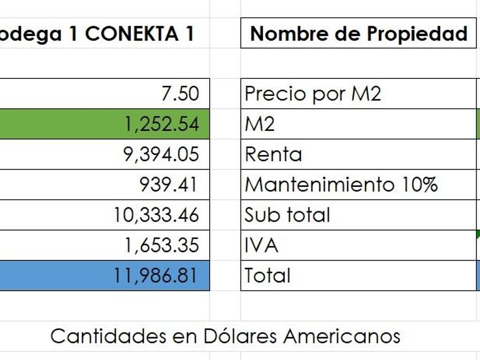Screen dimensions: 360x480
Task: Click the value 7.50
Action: (x=180, y=93)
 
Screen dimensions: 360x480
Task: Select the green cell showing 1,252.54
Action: (x=163, y=123)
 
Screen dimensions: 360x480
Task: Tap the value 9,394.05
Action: (x=162, y=154)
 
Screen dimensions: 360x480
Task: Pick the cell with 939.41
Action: (x=169, y=185)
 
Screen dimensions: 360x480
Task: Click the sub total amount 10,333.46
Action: (x=157, y=215)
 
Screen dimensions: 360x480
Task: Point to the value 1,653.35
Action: (x=162, y=245)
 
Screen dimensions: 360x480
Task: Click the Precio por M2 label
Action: (x=312, y=93)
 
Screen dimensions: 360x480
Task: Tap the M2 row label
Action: (x=259, y=123)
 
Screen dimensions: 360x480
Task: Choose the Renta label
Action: (x=273, y=154)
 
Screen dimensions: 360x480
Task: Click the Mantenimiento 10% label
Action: (x=341, y=185)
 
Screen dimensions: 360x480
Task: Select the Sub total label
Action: (x=287, y=215)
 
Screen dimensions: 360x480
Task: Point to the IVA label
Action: (x=261, y=245)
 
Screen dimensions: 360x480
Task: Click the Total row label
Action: (x=267, y=275)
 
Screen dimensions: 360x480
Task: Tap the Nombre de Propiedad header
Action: (x=358, y=34)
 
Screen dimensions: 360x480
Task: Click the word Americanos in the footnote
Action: (x=342, y=335)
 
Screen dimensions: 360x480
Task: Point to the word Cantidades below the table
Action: (x=108, y=335)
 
